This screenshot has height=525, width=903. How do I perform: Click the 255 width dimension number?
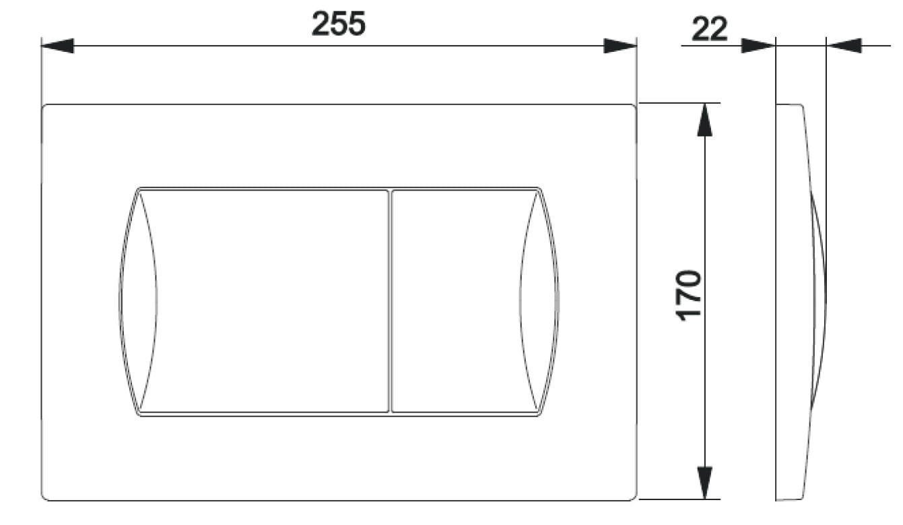339,24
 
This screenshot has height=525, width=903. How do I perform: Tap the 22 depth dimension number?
710,29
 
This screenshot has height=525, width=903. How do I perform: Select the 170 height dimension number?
689,296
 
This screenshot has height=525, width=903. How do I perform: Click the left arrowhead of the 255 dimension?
58,46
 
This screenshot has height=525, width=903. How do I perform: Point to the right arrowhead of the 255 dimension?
620,46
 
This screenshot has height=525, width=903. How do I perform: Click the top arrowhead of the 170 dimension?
704,120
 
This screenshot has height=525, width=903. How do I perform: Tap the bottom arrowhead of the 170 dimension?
704,483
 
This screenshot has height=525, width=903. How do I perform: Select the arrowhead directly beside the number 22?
758,46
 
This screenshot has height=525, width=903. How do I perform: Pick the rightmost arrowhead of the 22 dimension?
844,46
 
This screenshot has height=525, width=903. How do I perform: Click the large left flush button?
264,301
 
